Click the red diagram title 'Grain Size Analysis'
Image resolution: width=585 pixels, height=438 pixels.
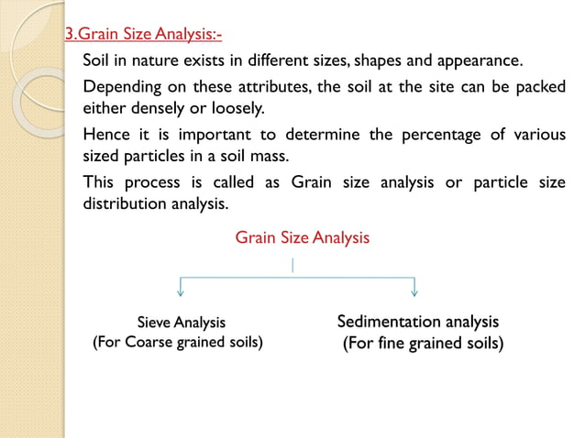coord(303,238)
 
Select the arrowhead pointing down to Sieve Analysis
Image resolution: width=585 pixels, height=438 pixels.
coord(180,292)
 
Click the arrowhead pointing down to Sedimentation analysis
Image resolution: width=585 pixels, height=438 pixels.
coord(415,292)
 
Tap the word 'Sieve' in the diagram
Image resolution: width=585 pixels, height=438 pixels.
coord(154,323)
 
